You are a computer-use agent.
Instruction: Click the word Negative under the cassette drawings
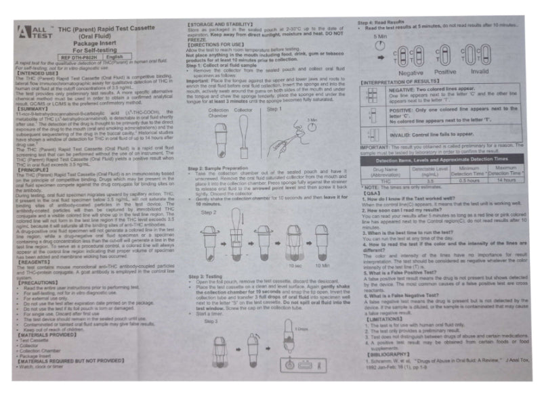(411, 72)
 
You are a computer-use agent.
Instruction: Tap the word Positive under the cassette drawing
(445, 72)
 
